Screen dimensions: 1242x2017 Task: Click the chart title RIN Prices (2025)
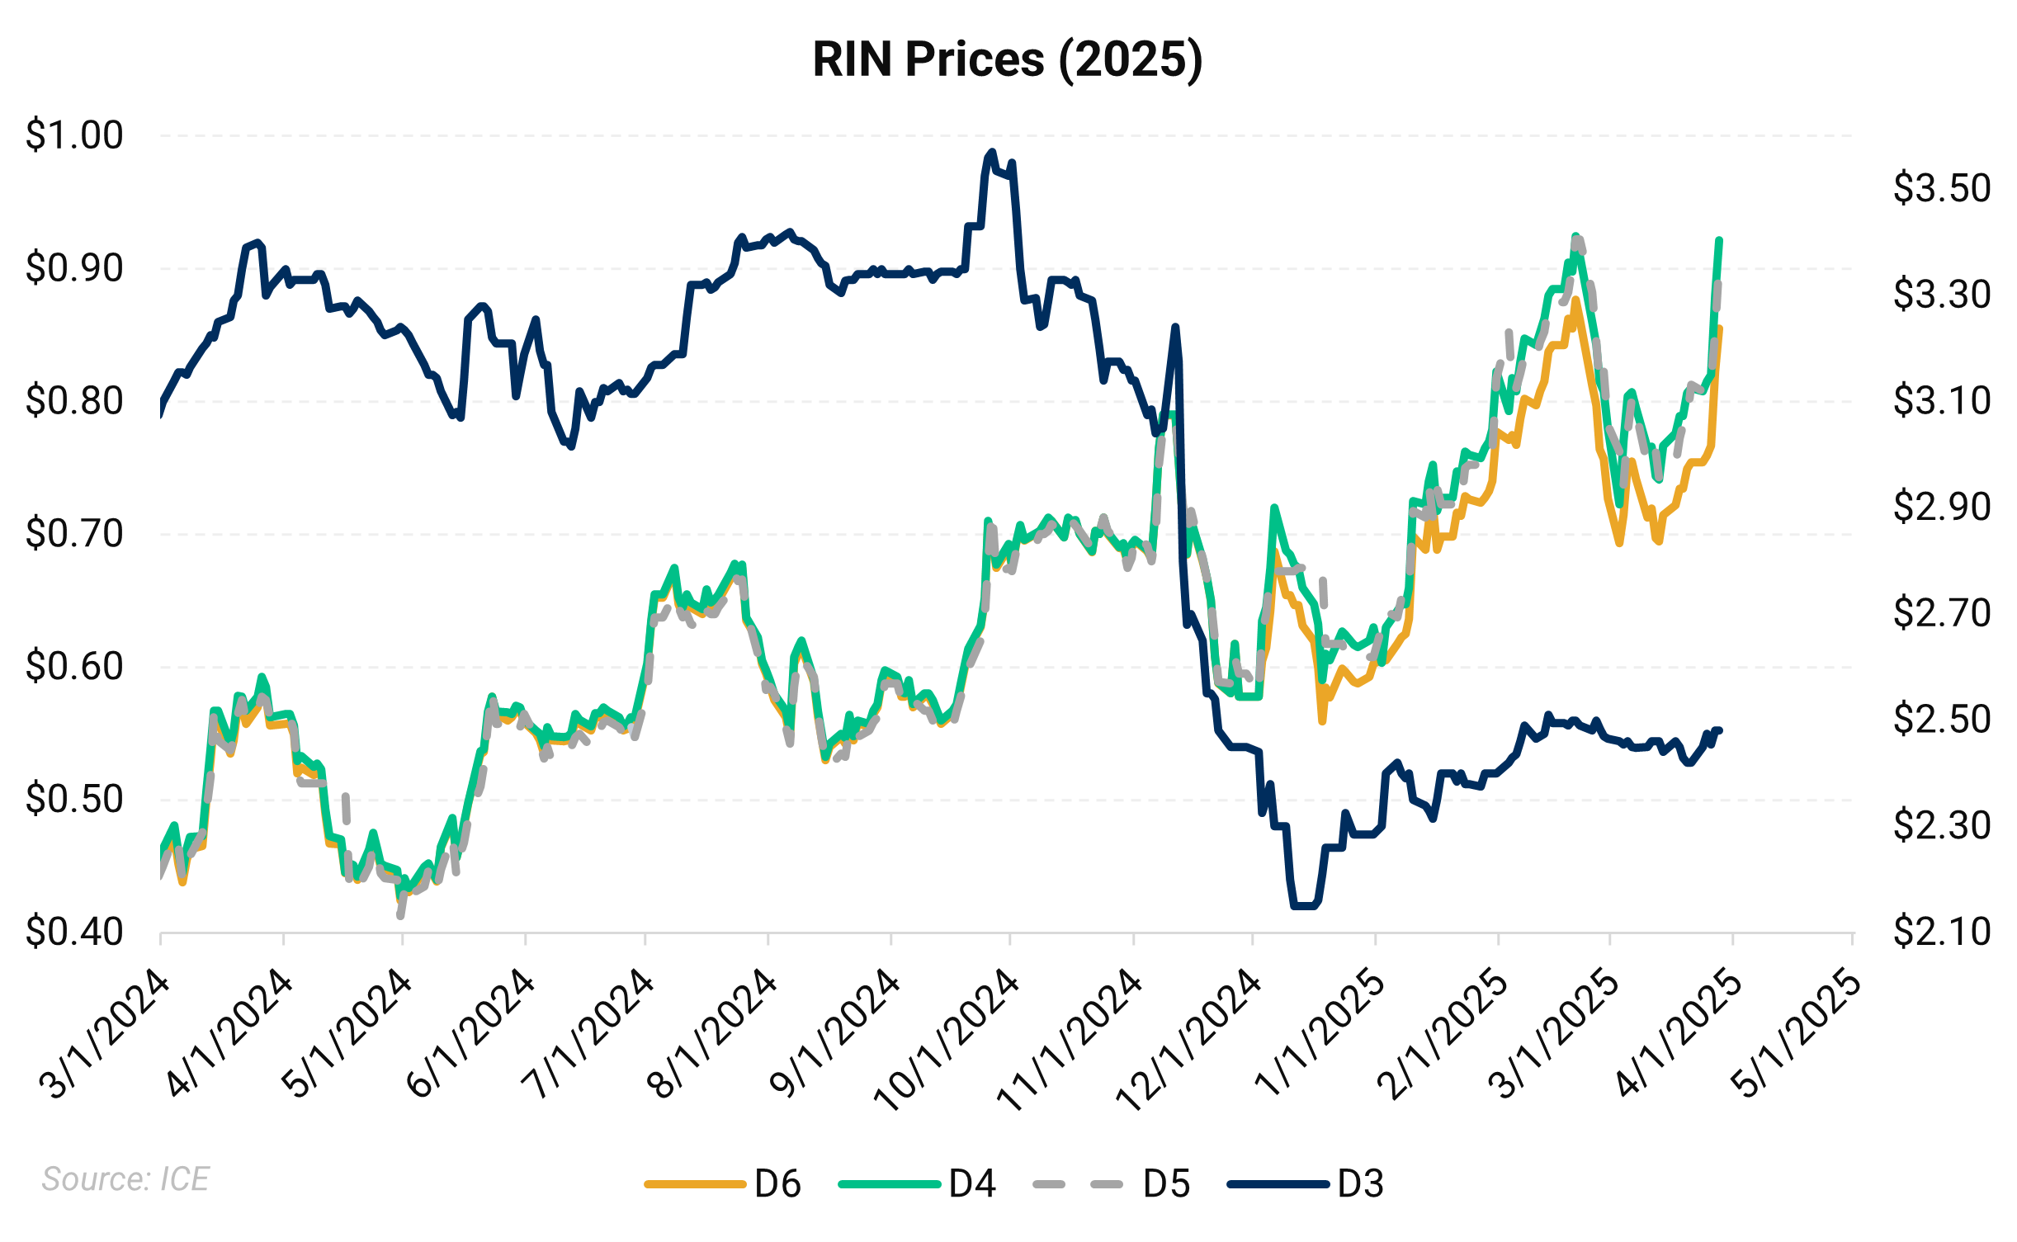coord(1007,59)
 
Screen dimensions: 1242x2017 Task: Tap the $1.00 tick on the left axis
coord(74,135)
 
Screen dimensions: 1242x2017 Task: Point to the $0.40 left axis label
coord(74,932)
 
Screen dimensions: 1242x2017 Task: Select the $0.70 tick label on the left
coord(74,534)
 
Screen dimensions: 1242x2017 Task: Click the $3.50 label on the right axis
coord(1941,188)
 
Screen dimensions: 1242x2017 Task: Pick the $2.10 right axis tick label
coord(1941,932)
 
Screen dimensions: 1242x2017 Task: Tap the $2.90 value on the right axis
coord(1941,507)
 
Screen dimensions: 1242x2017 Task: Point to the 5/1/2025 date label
coord(1799,1036)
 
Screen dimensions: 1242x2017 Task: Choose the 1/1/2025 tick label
coord(1319,1036)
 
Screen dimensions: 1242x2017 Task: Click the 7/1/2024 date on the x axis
coord(588,1036)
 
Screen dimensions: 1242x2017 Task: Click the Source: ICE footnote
coord(125,1179)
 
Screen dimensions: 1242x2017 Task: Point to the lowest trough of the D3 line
coord(1304,906)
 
